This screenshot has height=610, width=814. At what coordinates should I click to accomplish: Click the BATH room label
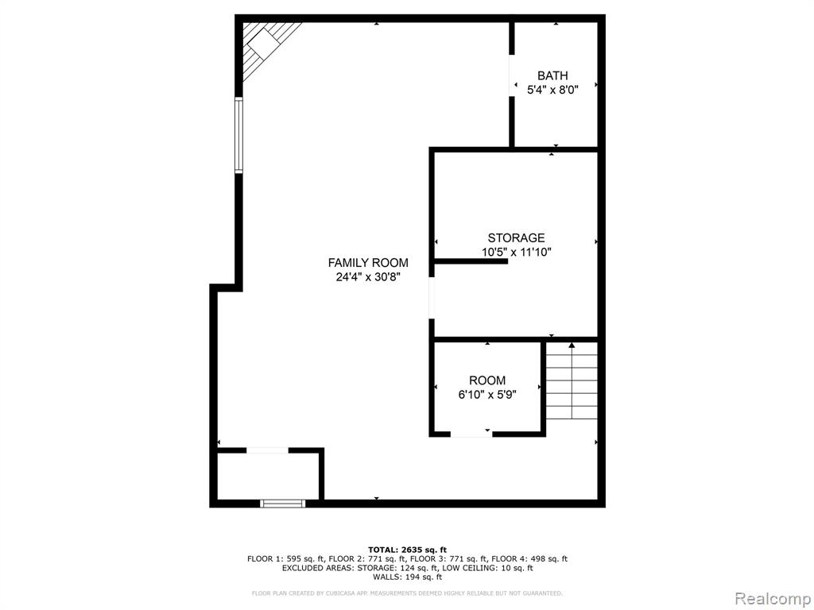[552, 75]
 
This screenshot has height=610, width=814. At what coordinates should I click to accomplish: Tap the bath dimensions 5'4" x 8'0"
[552, 90]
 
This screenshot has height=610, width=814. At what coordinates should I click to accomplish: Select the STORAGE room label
[516, 238]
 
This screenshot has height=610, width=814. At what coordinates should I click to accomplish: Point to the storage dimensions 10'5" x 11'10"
[516, 253]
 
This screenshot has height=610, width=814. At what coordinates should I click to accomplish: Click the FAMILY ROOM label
[368, 263]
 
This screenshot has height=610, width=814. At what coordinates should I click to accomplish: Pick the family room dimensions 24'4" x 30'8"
[368, 277]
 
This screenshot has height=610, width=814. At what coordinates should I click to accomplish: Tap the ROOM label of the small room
[487, 380]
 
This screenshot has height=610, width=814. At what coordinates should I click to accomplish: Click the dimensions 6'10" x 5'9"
[487, 395]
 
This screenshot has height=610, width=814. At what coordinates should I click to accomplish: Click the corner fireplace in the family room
[265, 47]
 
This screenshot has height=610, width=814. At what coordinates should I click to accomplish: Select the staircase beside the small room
[572, 380]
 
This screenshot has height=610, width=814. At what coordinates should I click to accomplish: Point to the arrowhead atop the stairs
[572, 345]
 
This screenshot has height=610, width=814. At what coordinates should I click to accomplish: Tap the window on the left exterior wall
[238, 135]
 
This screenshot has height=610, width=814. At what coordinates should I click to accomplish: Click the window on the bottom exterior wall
[282, 503]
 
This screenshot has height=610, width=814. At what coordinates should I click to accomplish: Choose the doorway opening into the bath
[511, 75]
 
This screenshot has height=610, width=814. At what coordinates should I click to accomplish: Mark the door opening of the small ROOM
[471, 434]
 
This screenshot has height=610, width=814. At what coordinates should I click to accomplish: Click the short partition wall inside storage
[471, 261]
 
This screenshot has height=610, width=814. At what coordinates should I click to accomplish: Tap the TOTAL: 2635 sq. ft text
[407, 550]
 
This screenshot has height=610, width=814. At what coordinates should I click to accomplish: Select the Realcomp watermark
[772, 599]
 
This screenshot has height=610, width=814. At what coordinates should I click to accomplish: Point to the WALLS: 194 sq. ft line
[407, 577]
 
